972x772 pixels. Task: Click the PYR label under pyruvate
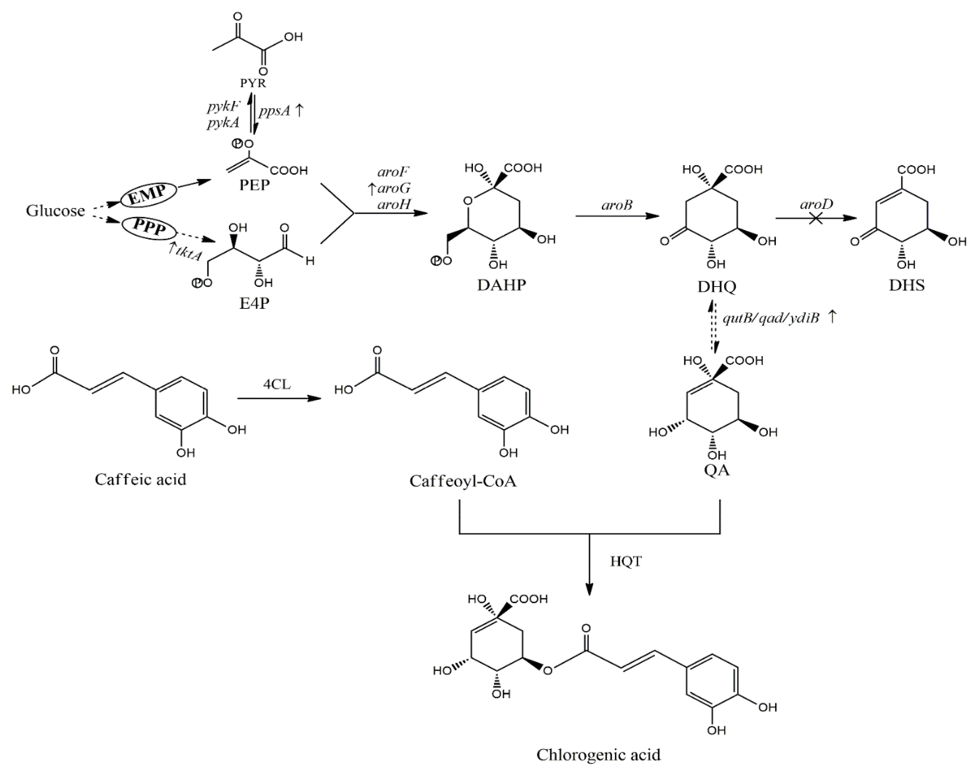[253, 83]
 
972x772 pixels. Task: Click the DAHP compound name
[501, 285]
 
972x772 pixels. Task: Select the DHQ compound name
[716, 286]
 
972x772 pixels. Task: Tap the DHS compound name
[907, 285]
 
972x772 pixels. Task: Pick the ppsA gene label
[274, 111]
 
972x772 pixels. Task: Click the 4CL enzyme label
[277, 384]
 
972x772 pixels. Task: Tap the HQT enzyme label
[626, 561]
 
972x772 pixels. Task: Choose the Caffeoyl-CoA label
[462, 481]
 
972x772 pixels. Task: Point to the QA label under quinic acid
[716, 470]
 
